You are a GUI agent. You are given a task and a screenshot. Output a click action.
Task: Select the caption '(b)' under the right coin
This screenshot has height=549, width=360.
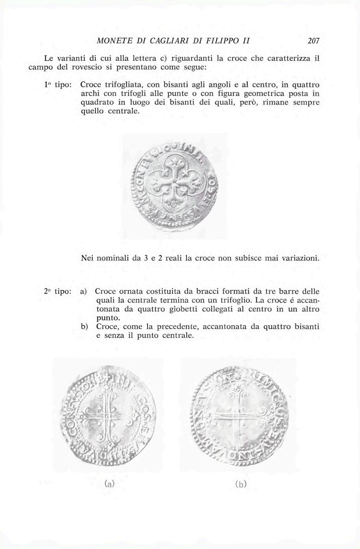point(240,484)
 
